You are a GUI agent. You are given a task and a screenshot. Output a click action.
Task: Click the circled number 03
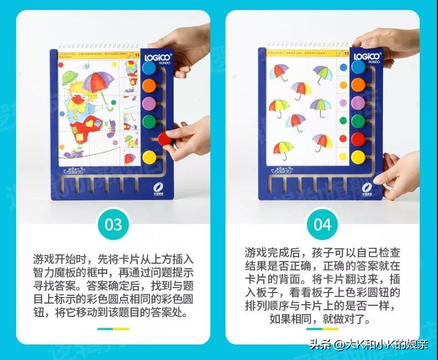click(113, 225)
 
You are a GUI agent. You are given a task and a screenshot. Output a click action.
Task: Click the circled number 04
click(323, 225)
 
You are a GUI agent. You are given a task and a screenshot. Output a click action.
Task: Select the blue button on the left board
click(149, 67)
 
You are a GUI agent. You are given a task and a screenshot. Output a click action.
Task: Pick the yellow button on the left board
click(149, 158)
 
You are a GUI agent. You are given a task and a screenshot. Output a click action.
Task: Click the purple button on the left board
click(149, 103)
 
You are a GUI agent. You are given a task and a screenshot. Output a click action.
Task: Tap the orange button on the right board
click(358, 85)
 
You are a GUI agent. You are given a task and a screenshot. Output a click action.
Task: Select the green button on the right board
click(358, 121)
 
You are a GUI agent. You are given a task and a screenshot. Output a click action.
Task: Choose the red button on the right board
click(358, 139)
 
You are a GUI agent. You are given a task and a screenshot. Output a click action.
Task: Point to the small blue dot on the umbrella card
click(343, 67)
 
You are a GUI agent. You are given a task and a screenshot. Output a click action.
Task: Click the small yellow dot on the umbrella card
click(343, 156)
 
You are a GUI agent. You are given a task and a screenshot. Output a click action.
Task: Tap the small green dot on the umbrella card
click(343, 121)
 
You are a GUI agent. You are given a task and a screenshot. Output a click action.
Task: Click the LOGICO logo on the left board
click(158, 56)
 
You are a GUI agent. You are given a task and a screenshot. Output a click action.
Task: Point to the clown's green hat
click(69, 75)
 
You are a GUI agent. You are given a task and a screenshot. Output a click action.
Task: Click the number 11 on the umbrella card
click(346, 54)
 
